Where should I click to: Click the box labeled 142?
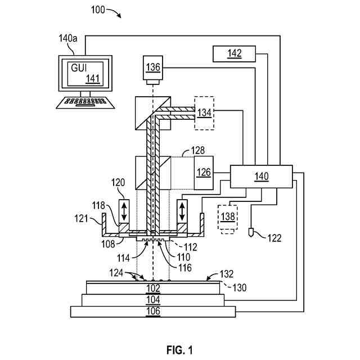click(234, 53)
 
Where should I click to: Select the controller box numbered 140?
click(261, 176)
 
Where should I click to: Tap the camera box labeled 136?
click(153, 67)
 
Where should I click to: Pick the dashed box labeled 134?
click(204, 113)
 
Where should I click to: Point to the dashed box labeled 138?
click(228, 215)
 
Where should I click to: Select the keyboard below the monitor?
click(85, 103)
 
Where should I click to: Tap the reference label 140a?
click(69, 39)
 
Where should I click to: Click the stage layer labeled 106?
click(153, 311)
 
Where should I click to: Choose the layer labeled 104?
click(153, 299)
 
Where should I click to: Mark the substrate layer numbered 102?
click(153, 287)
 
